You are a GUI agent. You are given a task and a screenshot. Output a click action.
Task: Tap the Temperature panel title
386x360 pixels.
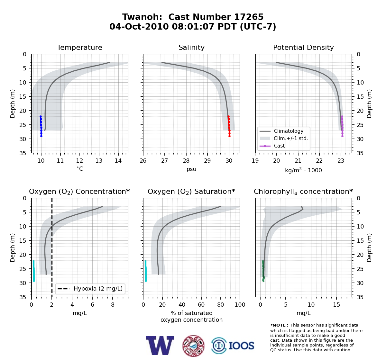click(x=79, y=47)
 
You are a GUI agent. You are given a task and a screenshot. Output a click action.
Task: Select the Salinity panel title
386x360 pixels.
click(x=191, y=47)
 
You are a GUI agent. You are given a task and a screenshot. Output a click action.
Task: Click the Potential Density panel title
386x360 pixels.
click(x=303, y=47)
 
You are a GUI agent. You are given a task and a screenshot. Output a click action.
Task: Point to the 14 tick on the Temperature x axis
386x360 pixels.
click(x=118, y=161)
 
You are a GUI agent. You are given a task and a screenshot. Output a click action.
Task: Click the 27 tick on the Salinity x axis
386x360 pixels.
click(x=165, y=161)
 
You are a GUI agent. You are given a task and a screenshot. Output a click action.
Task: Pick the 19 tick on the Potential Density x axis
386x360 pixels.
click(x=255, y=161)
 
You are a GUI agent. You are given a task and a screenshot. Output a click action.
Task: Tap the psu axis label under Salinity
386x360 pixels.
click(x=191, y=169)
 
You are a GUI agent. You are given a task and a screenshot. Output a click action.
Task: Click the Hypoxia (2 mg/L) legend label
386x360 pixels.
click(x=98, y=289)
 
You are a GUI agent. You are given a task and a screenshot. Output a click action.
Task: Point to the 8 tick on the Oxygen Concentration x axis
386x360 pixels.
click(x=113, y=305)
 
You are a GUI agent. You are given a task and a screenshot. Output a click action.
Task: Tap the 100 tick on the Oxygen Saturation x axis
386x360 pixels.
click(x=240, y=305)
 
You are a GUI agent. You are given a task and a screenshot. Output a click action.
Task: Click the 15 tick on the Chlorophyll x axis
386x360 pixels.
click(x=336, y=305)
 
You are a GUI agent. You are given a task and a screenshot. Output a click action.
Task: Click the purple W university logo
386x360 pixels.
click(x=160, y=346)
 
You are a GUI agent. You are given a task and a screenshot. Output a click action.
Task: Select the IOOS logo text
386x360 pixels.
click(x=241, y=346)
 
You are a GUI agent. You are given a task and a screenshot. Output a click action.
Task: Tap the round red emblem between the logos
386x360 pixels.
click(x=193, y=346)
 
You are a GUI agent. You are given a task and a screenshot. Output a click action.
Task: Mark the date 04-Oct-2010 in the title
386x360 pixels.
click(x=139, y=27)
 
